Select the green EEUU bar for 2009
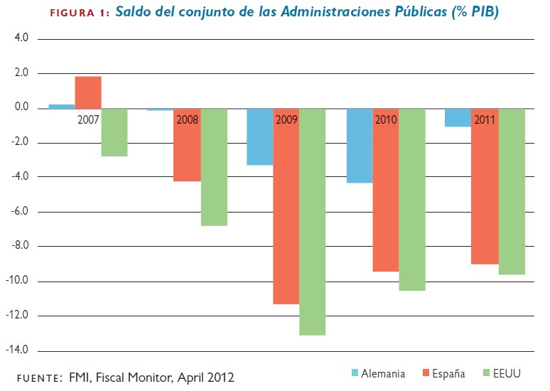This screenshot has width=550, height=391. [313, 222]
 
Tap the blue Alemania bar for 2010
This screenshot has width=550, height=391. [360, 146]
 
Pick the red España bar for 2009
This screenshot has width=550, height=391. [286, 206]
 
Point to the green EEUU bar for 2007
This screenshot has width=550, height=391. [114, 132]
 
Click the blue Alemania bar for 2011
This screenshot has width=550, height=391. [458, 118]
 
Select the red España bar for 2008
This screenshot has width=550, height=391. [187, 145]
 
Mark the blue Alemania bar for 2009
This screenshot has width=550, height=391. [259, 136]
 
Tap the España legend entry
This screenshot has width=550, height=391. [441, 373]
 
